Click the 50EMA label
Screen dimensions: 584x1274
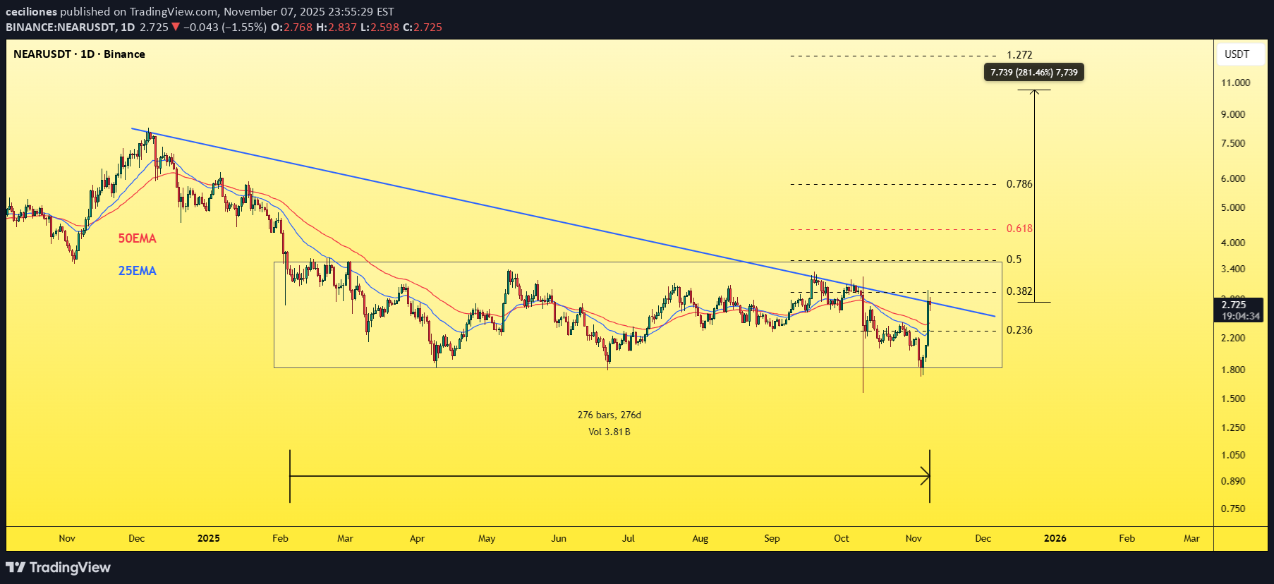tap(137, 238)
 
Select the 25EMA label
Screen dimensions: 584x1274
tap(137, 271)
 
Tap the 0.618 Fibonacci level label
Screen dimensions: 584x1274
tap(1019, 229)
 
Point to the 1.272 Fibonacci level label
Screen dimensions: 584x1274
tap(1019, 55)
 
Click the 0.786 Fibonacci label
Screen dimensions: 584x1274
tap(1019, 184)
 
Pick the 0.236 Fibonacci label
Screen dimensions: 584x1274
tap(1019, 330)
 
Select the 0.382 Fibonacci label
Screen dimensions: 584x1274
tap(1019, 291)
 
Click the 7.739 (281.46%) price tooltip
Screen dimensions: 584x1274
tap(1033, 73)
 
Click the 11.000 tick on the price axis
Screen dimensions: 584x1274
tap(1235, 83)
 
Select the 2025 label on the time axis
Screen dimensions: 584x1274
tap(209, 538)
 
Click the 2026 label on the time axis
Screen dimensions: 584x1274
tap(1055, 538)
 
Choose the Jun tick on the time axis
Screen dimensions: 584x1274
tap(559, 538)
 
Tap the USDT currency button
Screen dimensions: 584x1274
tap(1237, 54)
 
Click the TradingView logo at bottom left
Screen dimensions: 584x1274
tap(59, 567)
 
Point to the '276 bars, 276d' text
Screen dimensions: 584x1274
tap(609, 415)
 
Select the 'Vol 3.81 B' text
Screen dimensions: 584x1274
tap(609, 432)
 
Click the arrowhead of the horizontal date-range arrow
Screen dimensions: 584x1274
tap(926, 476)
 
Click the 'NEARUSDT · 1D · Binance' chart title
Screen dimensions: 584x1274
tap(79, 54)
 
